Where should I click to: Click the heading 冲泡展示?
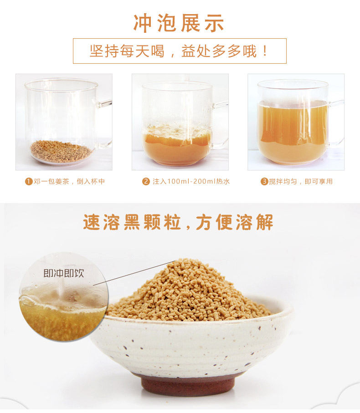click(179, 23)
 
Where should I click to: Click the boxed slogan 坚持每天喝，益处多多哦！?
click(180, 51)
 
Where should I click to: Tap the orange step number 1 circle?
click(28, 182)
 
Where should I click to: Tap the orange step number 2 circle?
click(146, 182)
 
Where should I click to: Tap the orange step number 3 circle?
click(264, 182)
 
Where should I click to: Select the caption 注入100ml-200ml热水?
click(191, 182)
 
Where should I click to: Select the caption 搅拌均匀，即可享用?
click(301, 182)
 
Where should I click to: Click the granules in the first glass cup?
click(61, 151)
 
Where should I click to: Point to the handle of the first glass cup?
click(105, 124)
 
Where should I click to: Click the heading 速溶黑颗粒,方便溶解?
click(178, 222)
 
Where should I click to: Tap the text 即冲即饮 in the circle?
click(64, 273)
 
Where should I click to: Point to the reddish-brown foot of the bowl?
click(188, 385)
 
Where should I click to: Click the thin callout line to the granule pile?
click(134, 273)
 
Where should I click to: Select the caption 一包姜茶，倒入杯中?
click(69, 182)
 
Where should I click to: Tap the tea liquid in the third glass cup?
click(293, 132)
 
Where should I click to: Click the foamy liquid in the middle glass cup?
click(177, 145)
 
